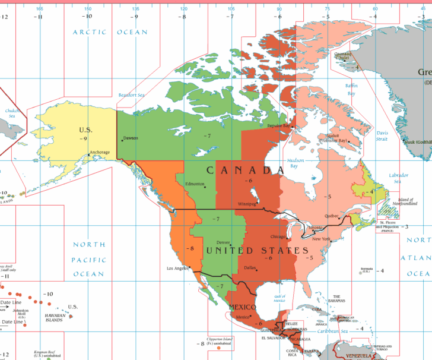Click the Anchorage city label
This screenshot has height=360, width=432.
click(100, 153)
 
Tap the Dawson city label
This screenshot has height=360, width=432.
click(131, 138)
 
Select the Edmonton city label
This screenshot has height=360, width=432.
click(195, 184)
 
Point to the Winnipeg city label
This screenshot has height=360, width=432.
click(247, 204)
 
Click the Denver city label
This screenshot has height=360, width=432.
click(223, 242)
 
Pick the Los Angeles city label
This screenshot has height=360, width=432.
click(177, 269)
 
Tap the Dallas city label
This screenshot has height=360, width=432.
click(250, 267)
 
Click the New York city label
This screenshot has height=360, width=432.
click(320, 238)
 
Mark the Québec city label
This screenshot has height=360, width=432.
click(331, 216)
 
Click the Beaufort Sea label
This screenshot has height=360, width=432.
click(131, 95)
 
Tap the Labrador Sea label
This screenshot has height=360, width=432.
click(398, 178)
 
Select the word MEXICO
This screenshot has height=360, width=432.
click(242, 307)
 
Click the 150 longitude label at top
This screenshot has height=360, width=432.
click(87, 9)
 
